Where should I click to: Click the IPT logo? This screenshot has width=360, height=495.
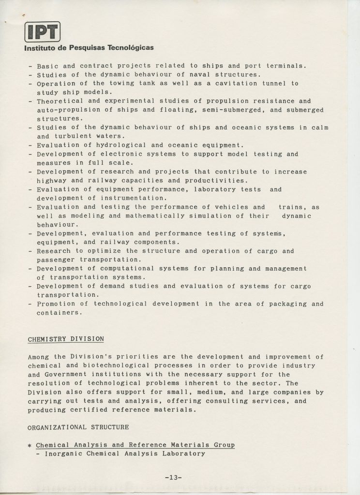(42, 32)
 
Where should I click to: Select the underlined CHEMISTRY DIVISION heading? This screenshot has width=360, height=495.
(65, 339)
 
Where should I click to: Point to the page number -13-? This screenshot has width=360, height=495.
(173, 478)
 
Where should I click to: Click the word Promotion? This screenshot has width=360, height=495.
(56, 304)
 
